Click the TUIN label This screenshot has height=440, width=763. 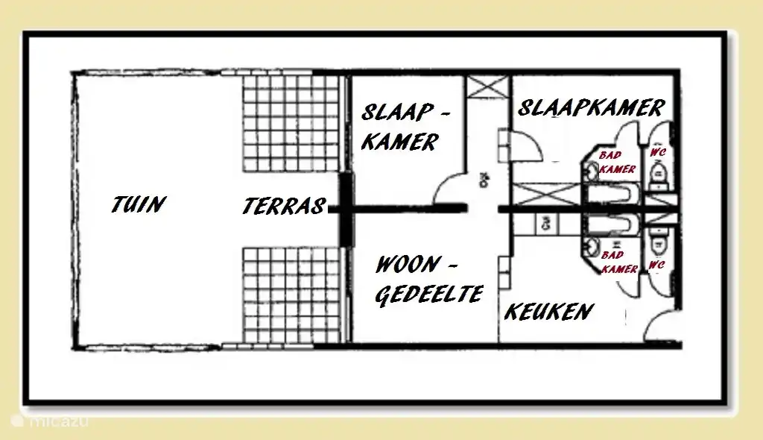coord(139,204)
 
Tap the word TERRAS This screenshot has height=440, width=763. coord(285,206)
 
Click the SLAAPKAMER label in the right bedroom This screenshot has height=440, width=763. coord(590,108)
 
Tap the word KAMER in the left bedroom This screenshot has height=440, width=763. coord(399,142)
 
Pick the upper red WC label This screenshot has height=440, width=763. coord(657,152)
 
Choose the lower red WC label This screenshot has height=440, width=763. coord(656,265)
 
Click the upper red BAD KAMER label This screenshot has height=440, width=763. coord(617,163)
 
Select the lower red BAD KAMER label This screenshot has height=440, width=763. coord(618,262)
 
